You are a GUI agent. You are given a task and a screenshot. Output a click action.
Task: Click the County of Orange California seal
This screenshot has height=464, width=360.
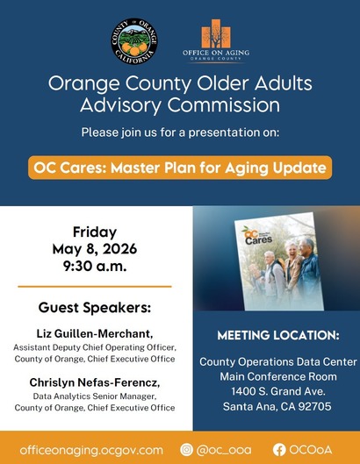coord(134,41)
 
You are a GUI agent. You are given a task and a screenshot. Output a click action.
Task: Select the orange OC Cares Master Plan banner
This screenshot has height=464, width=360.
coord(180,168)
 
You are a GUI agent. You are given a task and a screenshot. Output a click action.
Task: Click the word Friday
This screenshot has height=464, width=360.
coord(95,232)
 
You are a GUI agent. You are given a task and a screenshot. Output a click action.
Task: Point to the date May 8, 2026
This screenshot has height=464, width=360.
coord(95,249)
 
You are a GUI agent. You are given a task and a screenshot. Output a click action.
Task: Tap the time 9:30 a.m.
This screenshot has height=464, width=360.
coord(95,267)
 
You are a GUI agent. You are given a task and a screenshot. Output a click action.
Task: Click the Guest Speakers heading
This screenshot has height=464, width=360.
coord(95,308)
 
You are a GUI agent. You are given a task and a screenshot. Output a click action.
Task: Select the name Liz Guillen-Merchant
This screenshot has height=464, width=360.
coord(95,334)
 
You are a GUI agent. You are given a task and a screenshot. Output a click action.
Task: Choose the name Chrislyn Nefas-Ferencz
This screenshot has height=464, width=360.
coord(95,382)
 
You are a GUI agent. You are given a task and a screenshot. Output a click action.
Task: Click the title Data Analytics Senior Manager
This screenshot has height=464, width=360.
coord(95,396)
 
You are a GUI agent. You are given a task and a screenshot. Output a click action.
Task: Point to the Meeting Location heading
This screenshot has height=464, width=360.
coord(278,335)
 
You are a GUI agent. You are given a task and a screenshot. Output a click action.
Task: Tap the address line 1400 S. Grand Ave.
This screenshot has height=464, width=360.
coord(278,391)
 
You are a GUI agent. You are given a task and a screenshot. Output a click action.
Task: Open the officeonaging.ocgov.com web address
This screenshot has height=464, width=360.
coord(91,450)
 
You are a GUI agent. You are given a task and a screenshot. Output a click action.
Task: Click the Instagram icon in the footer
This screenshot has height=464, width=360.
coord(186,449)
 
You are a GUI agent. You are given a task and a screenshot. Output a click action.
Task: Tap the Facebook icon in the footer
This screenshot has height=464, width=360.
coord(279,450)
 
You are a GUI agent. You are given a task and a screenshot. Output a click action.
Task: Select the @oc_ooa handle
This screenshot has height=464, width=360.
coord(224,450)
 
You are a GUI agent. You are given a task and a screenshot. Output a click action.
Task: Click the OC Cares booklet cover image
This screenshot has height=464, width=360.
coord(279,261)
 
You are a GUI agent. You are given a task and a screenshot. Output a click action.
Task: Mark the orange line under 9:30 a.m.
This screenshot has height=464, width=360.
coord(95,287)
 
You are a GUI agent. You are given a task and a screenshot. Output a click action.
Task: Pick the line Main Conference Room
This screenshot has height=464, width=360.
coord(278,376)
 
